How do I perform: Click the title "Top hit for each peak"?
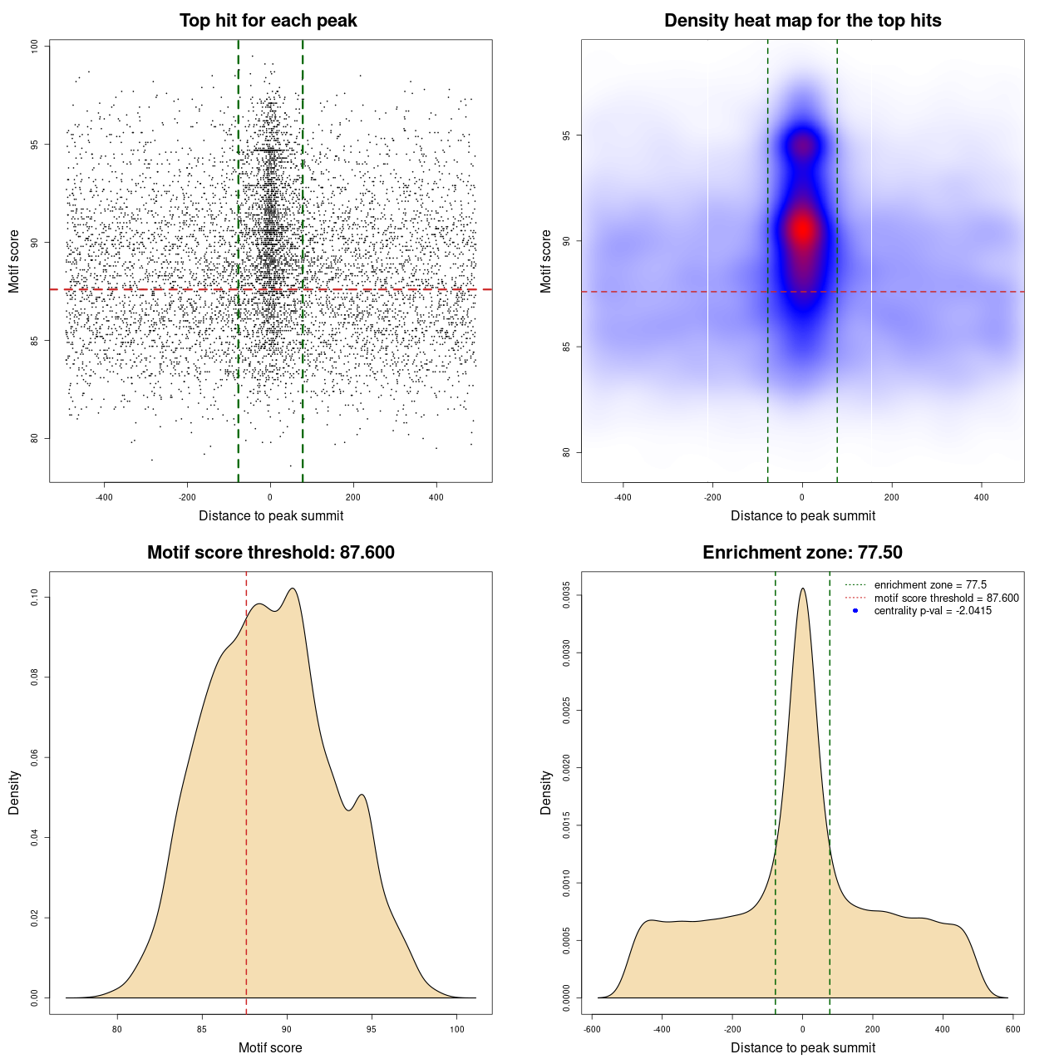pyautogui.click(x=268, y=21)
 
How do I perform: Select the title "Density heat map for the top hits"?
pyautogui.click(x=802, y=21)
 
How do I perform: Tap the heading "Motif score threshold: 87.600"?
pyautogui.click(x=270, y=553)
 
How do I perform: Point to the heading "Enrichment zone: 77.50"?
pyautogui.click(x=802, y=553)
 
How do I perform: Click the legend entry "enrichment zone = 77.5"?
pyautogui.click(x=930, y=585)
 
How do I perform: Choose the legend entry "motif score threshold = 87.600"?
pyautogui.click(x=946, y=598)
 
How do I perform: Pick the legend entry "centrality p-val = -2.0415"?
pyautogui.click(x=933, y=611)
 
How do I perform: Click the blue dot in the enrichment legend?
pyautogui.click(x=855, y=611)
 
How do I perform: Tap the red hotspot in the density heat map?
pyautogui.click(x=802, y=230)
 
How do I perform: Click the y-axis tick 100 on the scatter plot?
pyautogui.click(x=35, y=47)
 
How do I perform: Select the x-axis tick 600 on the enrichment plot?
pyautogui.click(x=1012, y=1029)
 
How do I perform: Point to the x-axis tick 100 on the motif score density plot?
pyautogui.click(x=456, y=1029)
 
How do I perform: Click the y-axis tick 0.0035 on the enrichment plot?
pyautogui.click(x=567, y=595)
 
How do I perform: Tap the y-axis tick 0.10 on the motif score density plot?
pyautogui.click(x=35, y=597)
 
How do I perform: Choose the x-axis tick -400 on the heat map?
pyautogui.click(x=623, y=497)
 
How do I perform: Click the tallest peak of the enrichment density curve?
pyautogui.click(x=802, y=589)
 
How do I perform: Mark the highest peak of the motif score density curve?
pyautogui.click(x=293, y=589)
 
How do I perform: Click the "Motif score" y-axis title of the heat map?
pyautogui.click(x=546, y=261)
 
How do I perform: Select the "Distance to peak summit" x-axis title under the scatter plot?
pyautogui.click(x=271, y=516)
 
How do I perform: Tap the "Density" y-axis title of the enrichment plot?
pyautogui.click(x=546, y=792)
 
